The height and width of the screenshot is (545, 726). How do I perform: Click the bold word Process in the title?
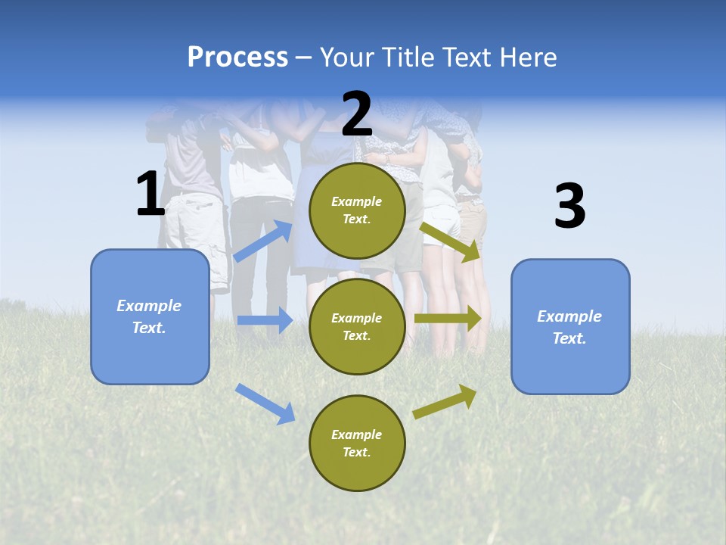click(x=237, y=58)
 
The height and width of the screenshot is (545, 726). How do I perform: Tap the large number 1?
click(x=150, y=195)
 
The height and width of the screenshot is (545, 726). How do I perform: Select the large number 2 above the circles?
click(x=357, y=114)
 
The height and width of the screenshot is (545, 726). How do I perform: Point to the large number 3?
click(x=569, y=206)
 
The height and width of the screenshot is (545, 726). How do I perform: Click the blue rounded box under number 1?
click(x=150, y=316)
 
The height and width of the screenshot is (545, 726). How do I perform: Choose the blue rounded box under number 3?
click(x=570, y=326)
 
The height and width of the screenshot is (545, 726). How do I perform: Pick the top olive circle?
click(x=357, y=210)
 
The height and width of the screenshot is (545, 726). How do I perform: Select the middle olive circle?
click(x=357, y=326)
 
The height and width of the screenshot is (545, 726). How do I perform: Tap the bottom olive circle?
click(x=357, y=443)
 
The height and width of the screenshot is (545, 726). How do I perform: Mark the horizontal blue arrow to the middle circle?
click(x=264, y=320)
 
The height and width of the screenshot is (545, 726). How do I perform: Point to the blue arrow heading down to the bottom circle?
click(x=265, y=403)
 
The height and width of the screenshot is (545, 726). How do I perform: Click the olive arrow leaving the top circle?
click(x=451, y=241)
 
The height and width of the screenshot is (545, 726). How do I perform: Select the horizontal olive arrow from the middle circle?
click(x=448, y=319)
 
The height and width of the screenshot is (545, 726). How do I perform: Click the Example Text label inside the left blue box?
click(x=150, y=316)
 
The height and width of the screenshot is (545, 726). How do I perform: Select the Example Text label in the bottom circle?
click(x=357, y=443)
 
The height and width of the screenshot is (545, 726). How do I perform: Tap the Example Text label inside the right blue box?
click(x=570, y=327)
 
